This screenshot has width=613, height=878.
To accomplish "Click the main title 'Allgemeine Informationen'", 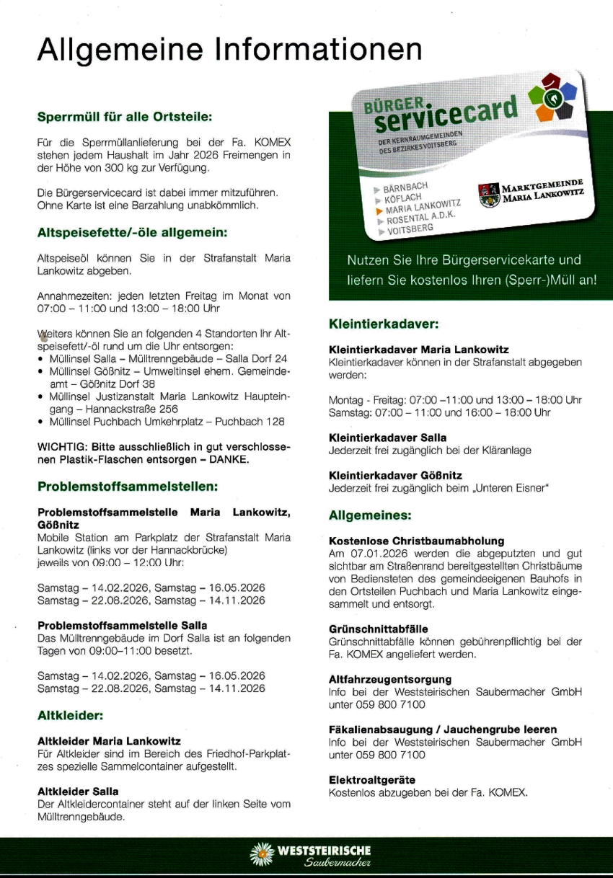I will [229, 50].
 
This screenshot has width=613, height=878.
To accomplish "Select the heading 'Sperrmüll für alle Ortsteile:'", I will [125, 116].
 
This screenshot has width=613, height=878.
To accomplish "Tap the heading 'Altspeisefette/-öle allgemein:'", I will [132, 233].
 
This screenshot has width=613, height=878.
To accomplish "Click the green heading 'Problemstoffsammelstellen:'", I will [128, 487].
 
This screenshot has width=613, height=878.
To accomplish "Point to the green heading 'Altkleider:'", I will [71, 716].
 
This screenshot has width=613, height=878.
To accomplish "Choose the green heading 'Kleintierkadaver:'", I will [384, 324].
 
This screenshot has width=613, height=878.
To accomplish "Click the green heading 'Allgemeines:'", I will [370, 515].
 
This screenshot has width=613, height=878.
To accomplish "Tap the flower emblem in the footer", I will [261, 856].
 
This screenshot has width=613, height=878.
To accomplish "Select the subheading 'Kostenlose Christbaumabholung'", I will [416, 541].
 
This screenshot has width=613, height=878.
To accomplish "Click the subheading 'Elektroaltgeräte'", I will [371, 780].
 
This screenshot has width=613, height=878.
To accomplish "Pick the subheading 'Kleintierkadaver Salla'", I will [387, 438].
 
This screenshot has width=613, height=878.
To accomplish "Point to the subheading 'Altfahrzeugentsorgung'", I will [390, 679].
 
